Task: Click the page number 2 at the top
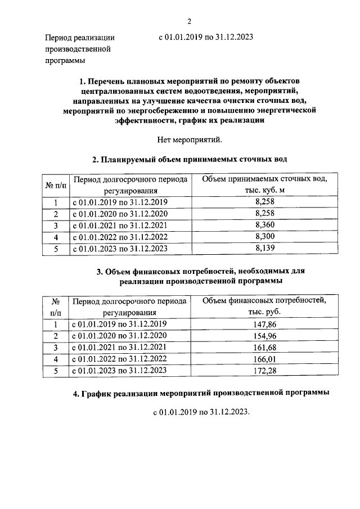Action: (x=190, y=21)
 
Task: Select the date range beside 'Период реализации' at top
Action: (x=206, y=38)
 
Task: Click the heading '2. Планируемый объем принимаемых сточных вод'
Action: (x=190, y=159)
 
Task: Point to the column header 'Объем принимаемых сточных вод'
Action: (x=264, y=184)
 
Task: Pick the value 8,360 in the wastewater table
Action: (x=264, y=225)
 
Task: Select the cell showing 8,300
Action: (x=264, y=236)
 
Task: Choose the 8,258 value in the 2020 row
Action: (x=264, y=214)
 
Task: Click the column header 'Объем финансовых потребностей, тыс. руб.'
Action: (x=264, y=306)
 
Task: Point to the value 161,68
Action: (x=264, y=347)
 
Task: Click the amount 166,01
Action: (x=264, y=358)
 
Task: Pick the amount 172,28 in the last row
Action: (x=264, y=370)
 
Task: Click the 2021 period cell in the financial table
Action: (x=119, y=347)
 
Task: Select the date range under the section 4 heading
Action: (x=201, y=412)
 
